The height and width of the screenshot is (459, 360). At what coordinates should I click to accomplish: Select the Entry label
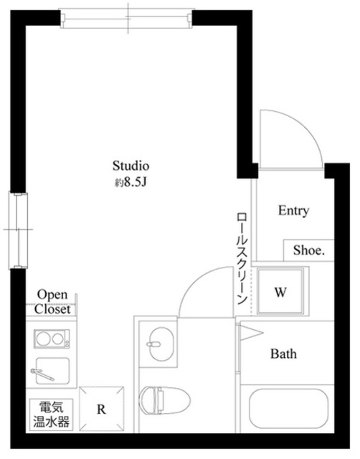click(293, 211)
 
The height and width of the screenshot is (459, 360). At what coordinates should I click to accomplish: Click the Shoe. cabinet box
click(308, 251)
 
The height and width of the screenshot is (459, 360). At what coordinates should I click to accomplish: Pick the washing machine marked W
click(281, 292)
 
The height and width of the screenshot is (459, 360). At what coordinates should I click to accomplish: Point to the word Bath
click(283, 354)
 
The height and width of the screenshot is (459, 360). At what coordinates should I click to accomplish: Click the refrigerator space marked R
click(101, 410)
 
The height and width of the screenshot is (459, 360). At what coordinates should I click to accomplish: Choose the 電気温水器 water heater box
click(50, 415)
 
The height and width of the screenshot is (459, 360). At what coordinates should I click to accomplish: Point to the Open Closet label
click(53, 303)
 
